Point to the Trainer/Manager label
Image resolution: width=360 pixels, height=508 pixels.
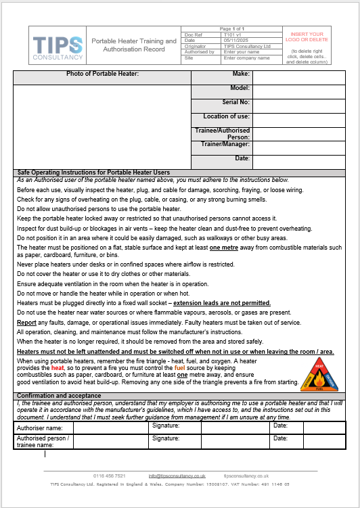[225, 144]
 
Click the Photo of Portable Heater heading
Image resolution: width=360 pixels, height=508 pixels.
[102, 74]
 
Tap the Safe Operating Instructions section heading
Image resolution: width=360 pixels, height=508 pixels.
[93, 172]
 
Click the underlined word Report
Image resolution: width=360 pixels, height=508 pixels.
[27, 322]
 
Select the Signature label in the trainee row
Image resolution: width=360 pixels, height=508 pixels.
[166, 438]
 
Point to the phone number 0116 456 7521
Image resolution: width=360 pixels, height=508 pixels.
[110, 476]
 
